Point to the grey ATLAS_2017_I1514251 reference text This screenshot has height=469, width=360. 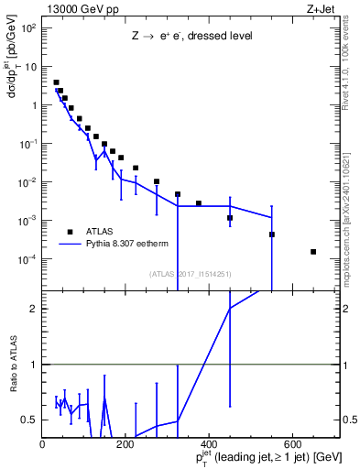click(x=190, y=273)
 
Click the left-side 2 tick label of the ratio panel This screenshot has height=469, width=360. click(x=34, y=309)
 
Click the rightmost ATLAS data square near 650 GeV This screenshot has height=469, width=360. click(x=313, y=252)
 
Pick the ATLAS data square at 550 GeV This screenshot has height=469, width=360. click(x=272, y=234)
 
